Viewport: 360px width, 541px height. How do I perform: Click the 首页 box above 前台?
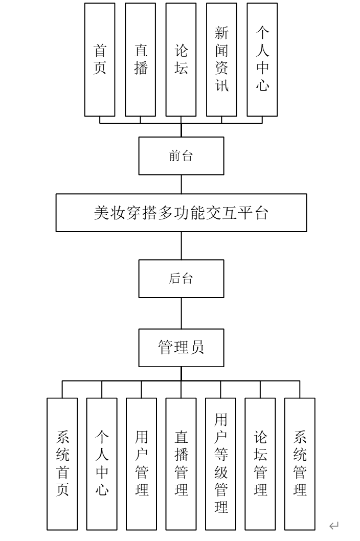point(100,59)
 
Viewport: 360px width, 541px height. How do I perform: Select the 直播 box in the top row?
point(141,59)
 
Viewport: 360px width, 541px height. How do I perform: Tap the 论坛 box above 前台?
point(181,59)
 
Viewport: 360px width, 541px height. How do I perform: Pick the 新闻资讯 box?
point(221,59)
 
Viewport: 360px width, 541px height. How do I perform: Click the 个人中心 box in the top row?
point(262,59)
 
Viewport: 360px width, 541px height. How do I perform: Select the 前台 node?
point(181,156)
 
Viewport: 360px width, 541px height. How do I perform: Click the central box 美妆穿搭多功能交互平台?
point(181,213)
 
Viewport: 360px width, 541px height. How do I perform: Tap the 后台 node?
point(181,279)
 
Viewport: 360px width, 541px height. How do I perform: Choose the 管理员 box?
point(181,348)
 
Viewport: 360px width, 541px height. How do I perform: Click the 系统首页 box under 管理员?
point(62,464)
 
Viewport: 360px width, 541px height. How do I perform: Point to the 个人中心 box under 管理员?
point(102,464)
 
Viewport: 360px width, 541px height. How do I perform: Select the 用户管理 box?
point(142,464)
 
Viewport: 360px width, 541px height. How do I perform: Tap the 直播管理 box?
point(181,464)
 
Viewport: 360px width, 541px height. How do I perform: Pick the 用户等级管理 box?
point(221,464)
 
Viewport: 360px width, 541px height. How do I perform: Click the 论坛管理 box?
point(260,464)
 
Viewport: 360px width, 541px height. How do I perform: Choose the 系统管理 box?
point(300,464)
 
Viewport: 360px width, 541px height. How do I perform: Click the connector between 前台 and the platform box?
point(181,184)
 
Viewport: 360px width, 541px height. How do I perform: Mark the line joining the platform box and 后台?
point(181,245)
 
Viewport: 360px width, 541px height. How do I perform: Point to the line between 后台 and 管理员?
point(181,313)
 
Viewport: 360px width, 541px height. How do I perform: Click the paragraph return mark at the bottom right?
point(334,525)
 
